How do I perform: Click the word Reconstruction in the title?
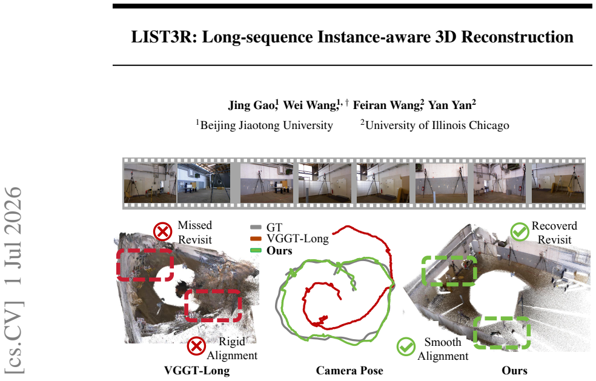coord(517,38)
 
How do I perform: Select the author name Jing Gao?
coord(252,105)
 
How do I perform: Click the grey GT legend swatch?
coord(256,227)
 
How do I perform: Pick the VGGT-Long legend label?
coord(297,239)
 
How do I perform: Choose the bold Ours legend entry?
coord(279,251)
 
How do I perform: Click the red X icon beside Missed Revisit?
coord(163,231)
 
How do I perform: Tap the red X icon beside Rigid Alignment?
coord(196,346)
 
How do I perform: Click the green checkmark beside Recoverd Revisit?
coord(520,231)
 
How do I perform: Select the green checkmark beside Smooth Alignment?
coord(406,346)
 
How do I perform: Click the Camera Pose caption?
coord(349,371)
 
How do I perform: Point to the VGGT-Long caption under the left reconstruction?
coord(197,371)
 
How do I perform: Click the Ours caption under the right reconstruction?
coord(515,371)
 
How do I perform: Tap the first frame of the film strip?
coord(150,183)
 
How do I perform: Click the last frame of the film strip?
coord(558,183)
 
